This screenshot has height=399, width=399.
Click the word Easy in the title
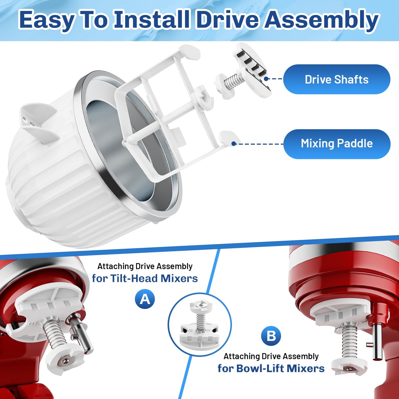(x=47, y=20)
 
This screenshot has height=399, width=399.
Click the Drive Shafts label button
(x=337, y=79)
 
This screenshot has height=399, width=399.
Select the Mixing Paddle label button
(x=337, y=144)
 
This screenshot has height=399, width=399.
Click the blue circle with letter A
(x=145, y=299)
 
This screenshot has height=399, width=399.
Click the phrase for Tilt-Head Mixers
(x=145, y=279)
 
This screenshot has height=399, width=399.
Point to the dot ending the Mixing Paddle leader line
(x=234, y=144)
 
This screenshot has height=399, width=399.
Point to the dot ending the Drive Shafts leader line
(x=266, y=79)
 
